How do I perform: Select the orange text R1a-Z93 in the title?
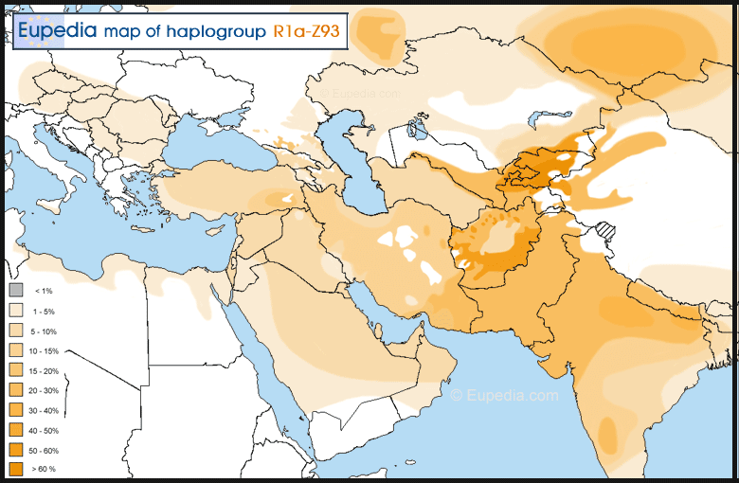point(305,31)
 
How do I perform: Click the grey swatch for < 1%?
point(16,291)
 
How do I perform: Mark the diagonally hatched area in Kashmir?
point(604,230)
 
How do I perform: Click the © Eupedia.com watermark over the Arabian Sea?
point(504,395)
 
